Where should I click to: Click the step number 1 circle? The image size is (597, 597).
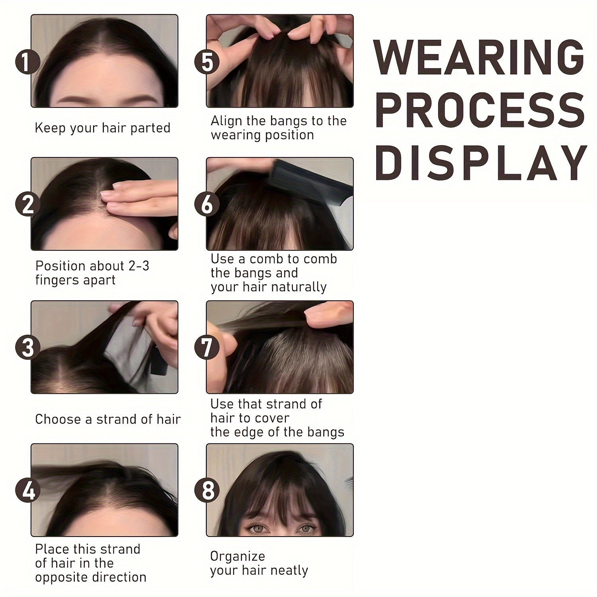coord(27,62)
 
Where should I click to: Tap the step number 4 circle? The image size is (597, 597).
coord(27,490)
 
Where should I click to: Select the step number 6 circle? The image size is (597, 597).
coord(207,204)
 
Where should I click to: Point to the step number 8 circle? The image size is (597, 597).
coord(207,490)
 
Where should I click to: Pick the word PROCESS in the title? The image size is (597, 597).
coord(480,109)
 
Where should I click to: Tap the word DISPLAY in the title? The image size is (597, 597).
coord(481,162)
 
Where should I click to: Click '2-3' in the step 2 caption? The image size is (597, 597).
coord(139,265)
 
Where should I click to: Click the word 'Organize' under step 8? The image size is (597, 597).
coord(238,556)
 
